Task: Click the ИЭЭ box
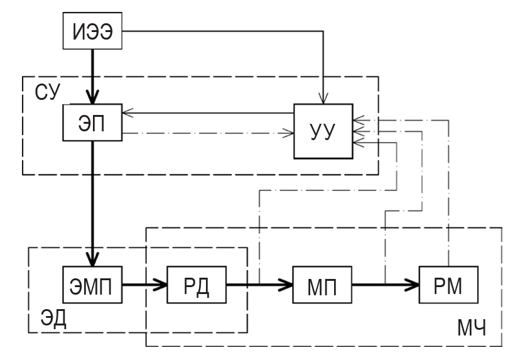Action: tap(92, 31)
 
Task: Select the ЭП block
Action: tap(92, 123)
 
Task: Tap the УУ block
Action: tap(323, 131)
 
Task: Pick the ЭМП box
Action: tap(92, 285)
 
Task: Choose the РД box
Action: tap(197, 285)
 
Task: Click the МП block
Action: tap(322, 285)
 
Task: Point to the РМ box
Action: tap(448, 285)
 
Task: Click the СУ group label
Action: tap(47, 92)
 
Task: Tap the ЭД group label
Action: tap(53, 318)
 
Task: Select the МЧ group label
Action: tap(472, 327)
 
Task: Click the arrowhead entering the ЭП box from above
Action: tap(92, 97)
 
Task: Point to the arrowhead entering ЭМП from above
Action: tap(92, 259)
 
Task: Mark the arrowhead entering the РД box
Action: tap(160, 285)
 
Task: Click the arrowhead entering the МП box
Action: tap(286, 285)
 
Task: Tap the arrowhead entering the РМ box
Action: tap(412, 285)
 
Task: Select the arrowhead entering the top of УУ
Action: tap(323, 99)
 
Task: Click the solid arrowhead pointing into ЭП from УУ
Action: tap(127, 113)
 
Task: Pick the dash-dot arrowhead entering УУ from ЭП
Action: tap(289, 133)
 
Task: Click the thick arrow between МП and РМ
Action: tap(386, 285)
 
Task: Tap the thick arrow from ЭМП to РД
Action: tap(144, 285)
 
